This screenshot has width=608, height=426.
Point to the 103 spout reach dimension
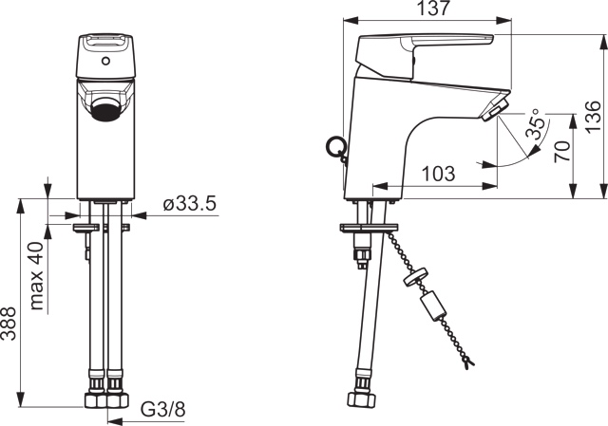click(437, 174)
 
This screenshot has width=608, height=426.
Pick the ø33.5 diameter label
click(190, 204)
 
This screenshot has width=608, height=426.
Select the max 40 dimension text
click(36, 276)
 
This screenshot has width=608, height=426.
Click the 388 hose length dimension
click(9, 324)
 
